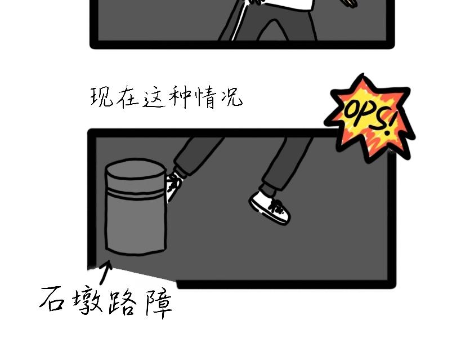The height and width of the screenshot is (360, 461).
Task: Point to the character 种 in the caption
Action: pyautogui.click(x=180, y=96)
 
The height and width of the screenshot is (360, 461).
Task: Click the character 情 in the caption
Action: pyautogui.click(x=206, y=97)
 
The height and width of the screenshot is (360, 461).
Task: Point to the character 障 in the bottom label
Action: pyautogui.click(x=159, y=304)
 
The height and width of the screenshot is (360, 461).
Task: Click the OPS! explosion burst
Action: pyautogui.click(x=370, y=117)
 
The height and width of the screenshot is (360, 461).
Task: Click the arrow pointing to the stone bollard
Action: pyautogui.click(x=105, y=273)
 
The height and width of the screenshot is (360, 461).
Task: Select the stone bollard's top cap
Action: pyautogui.click(x=136, y=168)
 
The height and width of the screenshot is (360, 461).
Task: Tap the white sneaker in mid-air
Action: pyautogui.click(x=269, y=207)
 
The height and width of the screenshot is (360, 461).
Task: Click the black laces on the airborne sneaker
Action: pyautogui.click(x=275, y=207)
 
